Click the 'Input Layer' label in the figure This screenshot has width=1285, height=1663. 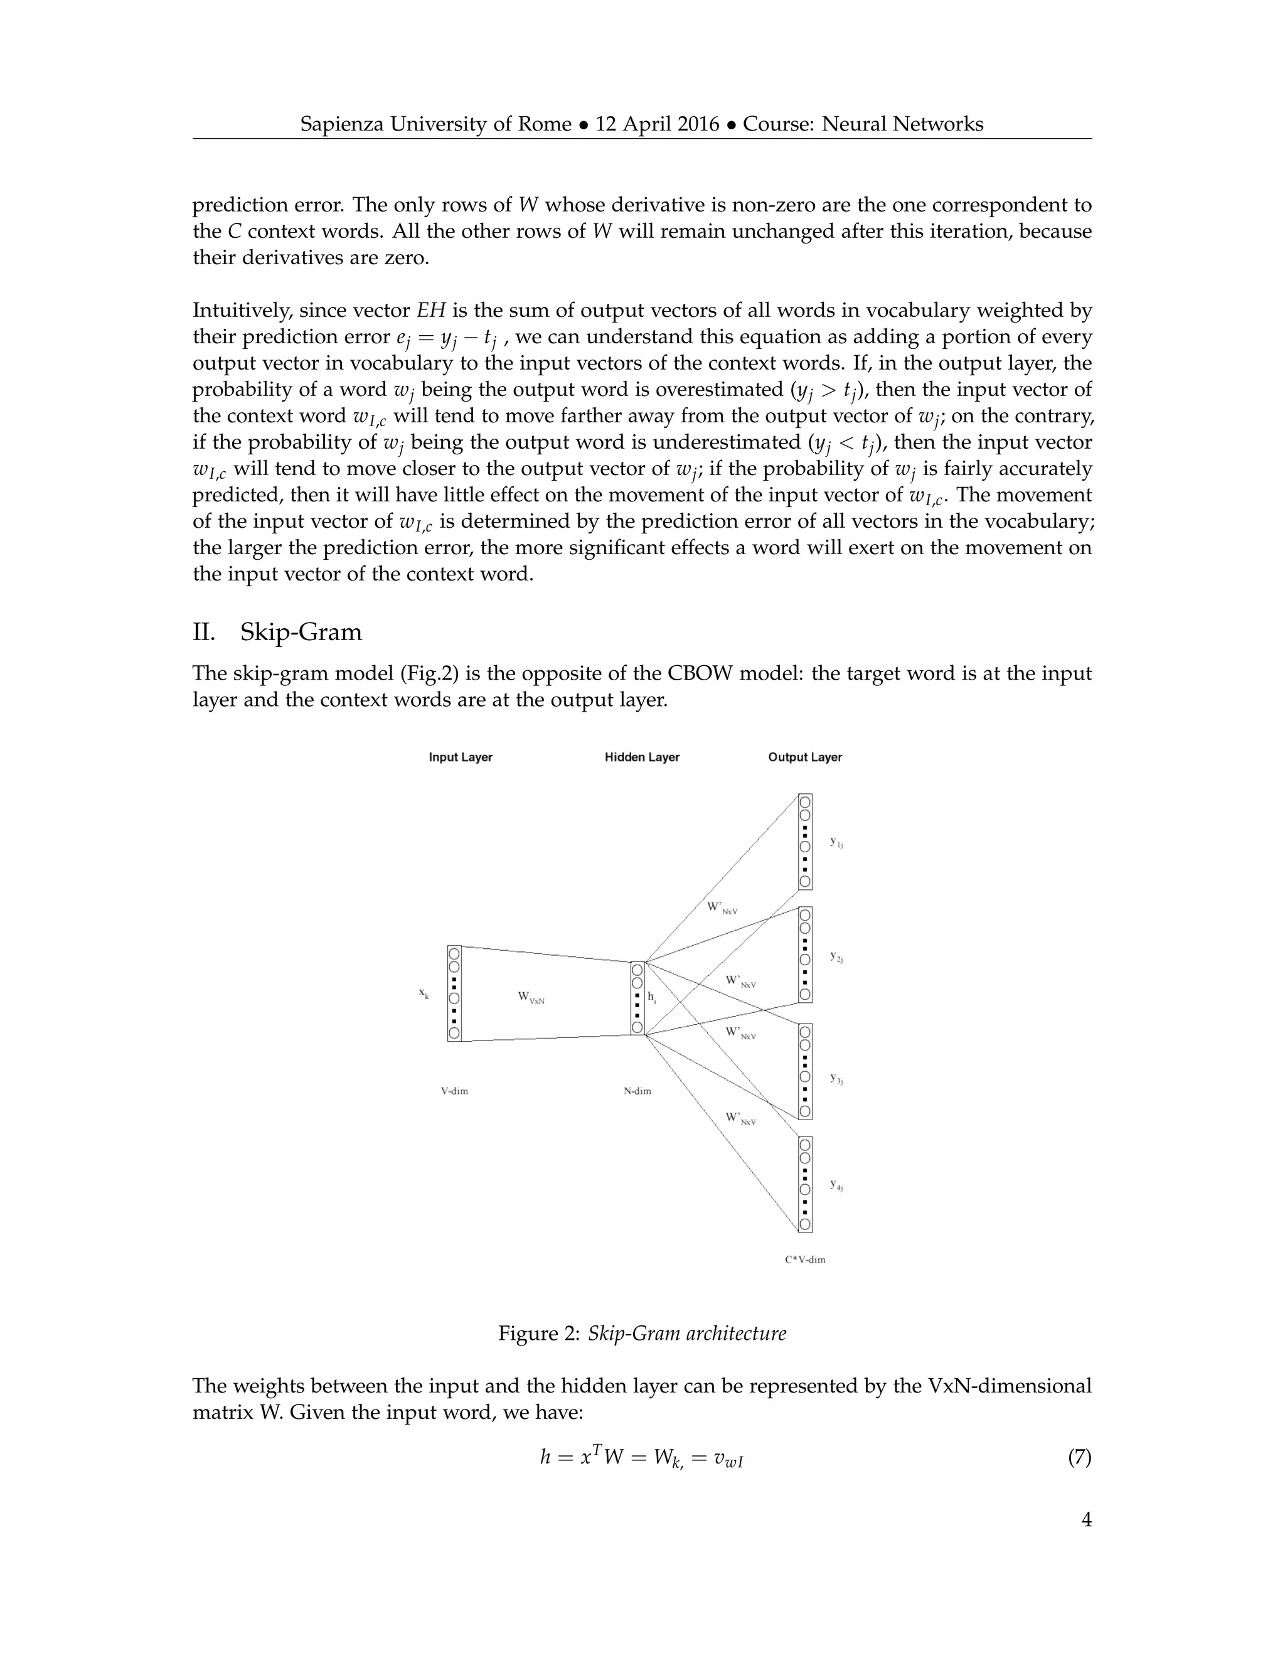tap(461, 757)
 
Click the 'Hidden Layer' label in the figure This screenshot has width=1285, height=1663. tap(642, 757)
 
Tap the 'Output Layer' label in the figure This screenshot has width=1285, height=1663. tap(804, 757)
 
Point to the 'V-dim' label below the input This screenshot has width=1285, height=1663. tap(454, 1091)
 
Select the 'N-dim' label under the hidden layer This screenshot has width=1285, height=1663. tap(637, 1091)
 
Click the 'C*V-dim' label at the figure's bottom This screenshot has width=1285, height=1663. tap(804, 1259)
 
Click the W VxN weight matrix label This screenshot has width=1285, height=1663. tap(531, 998)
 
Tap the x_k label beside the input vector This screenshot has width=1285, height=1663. tap(424, 993)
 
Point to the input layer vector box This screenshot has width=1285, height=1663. tap(454, 993)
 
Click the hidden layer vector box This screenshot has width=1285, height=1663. tap(637, 998)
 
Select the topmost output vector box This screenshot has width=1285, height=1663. tap(804, 842)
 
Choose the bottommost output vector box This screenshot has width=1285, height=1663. tap(804, 1184)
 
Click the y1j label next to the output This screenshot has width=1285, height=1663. tap(836, 843)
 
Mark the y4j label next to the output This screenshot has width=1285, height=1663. tap(836, 1185)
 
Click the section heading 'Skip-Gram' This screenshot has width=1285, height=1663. tap(301, 633)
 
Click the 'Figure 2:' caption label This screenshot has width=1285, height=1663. tap(539, 1334)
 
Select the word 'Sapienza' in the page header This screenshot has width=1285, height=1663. tap(342, 124)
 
